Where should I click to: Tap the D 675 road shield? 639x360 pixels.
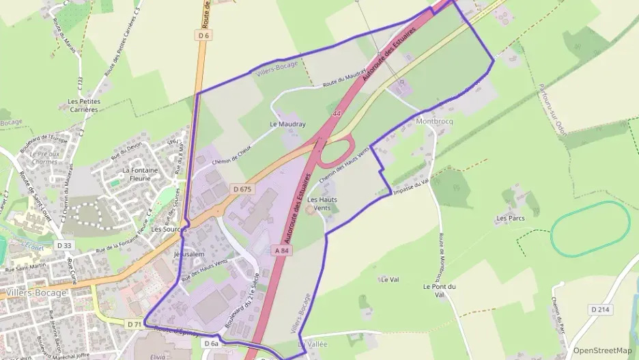click(x=242, y=189)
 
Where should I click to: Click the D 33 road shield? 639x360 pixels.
click(x=64, y=245)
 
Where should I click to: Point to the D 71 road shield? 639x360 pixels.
click(x=134, y=323)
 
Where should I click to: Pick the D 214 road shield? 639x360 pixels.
click(x=599, y=309)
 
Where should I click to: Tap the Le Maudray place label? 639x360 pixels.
click(x=287, y=124)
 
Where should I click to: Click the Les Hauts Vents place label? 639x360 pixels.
click(x=322, y=204)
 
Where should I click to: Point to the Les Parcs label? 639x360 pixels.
click(x=510, y=219)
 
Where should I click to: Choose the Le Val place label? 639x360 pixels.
click(x=390, y=279)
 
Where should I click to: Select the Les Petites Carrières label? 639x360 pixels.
click(x=85, y=105)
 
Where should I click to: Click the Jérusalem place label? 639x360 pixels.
click(x=189, y=253)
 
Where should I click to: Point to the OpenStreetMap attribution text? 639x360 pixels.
click(x=602, y=350)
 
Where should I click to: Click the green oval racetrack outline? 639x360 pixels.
click(x=590, y=229)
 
